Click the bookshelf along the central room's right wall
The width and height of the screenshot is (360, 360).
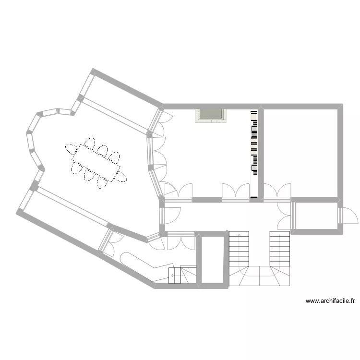[x=254, y=142]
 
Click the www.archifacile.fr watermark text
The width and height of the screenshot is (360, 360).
[x=330, y=301]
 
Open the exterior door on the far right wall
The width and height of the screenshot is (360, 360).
[x=348, y=215]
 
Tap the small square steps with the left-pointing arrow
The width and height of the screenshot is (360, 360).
[x=174, y=276]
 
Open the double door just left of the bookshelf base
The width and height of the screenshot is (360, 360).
[x=235, y=192]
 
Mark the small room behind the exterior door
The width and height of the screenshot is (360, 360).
[x=317, y=216]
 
